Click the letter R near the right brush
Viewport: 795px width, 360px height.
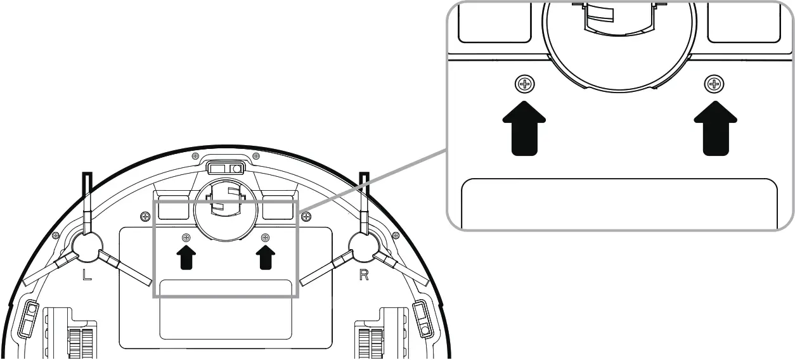(x=364, y=277)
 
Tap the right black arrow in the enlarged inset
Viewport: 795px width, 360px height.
(x=715, y=126)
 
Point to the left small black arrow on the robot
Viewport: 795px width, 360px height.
(x=186, y=257)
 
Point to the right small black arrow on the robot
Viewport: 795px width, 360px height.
(x=266, y=257)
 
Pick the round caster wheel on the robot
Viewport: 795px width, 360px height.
(x=226, y=214)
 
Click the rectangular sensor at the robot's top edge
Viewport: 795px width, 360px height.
(x=226, y=169)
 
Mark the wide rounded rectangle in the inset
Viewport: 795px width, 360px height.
(x=619, y=203)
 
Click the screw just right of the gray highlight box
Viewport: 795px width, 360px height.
(x=307, y=217)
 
